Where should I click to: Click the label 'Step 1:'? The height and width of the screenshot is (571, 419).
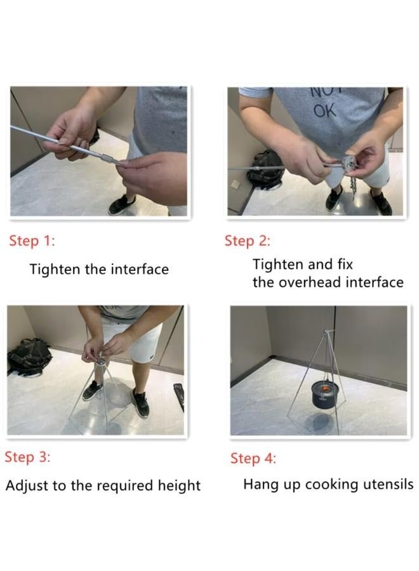32,241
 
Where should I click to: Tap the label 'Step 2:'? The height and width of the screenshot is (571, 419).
247,241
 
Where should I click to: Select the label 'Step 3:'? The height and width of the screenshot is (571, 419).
28,457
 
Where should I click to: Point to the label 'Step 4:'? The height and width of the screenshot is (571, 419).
253,458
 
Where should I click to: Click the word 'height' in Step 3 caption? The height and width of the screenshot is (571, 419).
178,486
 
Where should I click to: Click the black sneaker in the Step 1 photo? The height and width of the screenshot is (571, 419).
122,205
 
